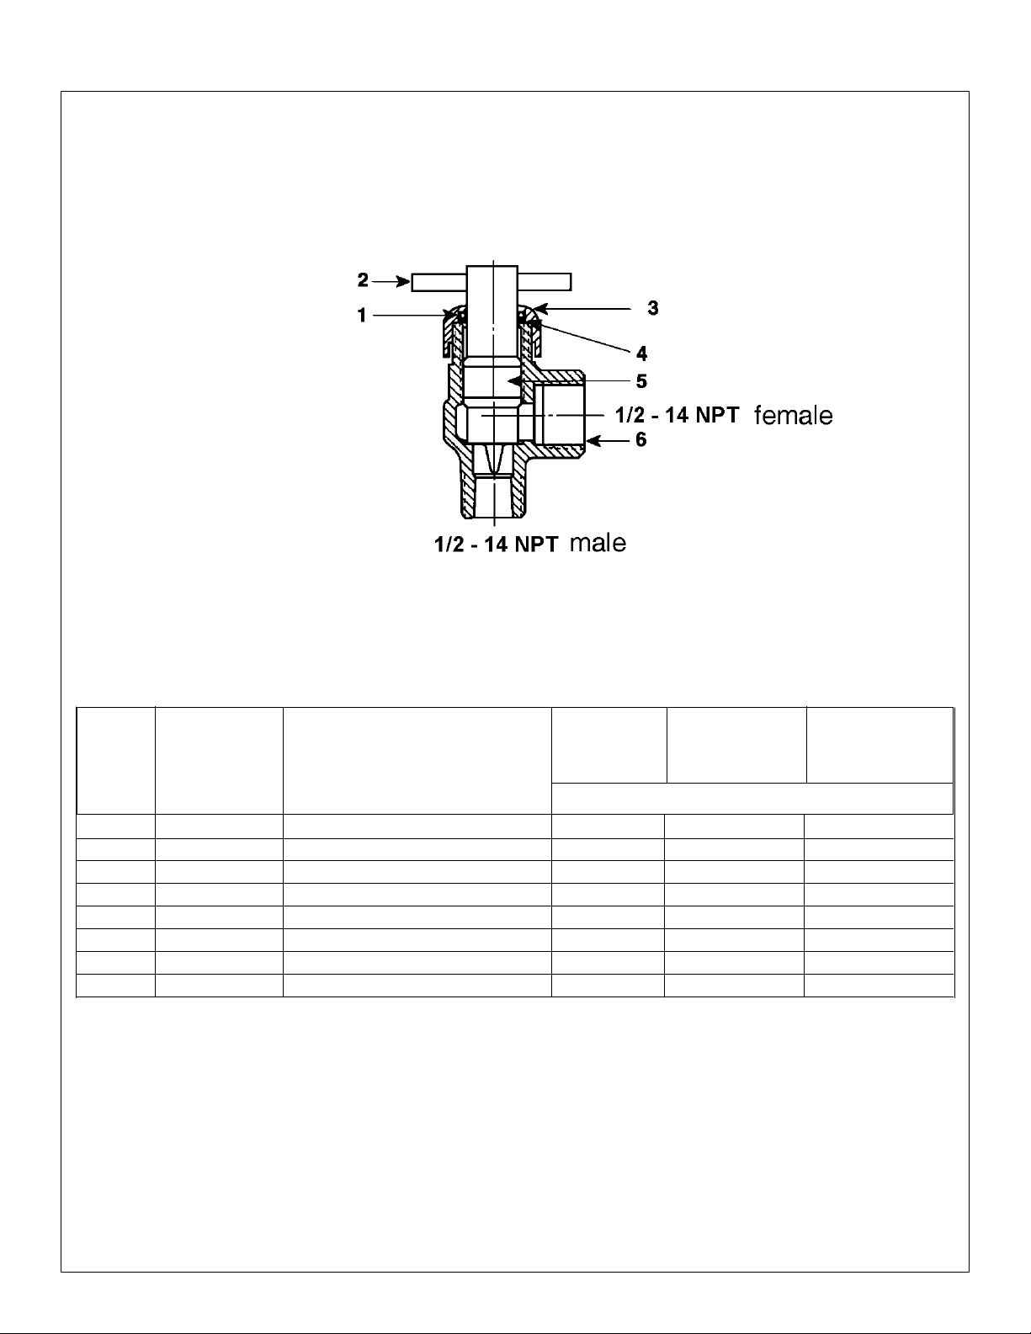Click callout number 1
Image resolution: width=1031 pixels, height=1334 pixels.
pyautogui.click(x=362, y=316)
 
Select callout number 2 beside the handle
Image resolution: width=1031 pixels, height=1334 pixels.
pyautogui.click(x=363, y=279)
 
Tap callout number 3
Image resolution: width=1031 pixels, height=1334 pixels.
pyautogui.click(x=652, y=309)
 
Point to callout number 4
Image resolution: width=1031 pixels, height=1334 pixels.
pyautogui.click(x=641, y=353)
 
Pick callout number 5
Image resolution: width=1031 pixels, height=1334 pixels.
pyautogui.click(x=641, y=381)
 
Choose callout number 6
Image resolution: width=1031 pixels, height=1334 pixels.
pyautogui.click(x=641, y=440)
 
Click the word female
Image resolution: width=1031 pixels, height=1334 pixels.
pyautogui.click(x=793, y=416)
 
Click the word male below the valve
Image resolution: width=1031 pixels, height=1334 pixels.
pyautogui.click(x=598, y=544)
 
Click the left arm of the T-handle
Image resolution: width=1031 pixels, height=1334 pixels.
pyautogui.click(x=438, y=280)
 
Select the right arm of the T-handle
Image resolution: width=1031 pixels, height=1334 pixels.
pyautogui.click(x=545, y=280)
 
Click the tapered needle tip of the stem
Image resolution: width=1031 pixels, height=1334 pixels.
pyautogui.click(x=492, y=460)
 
